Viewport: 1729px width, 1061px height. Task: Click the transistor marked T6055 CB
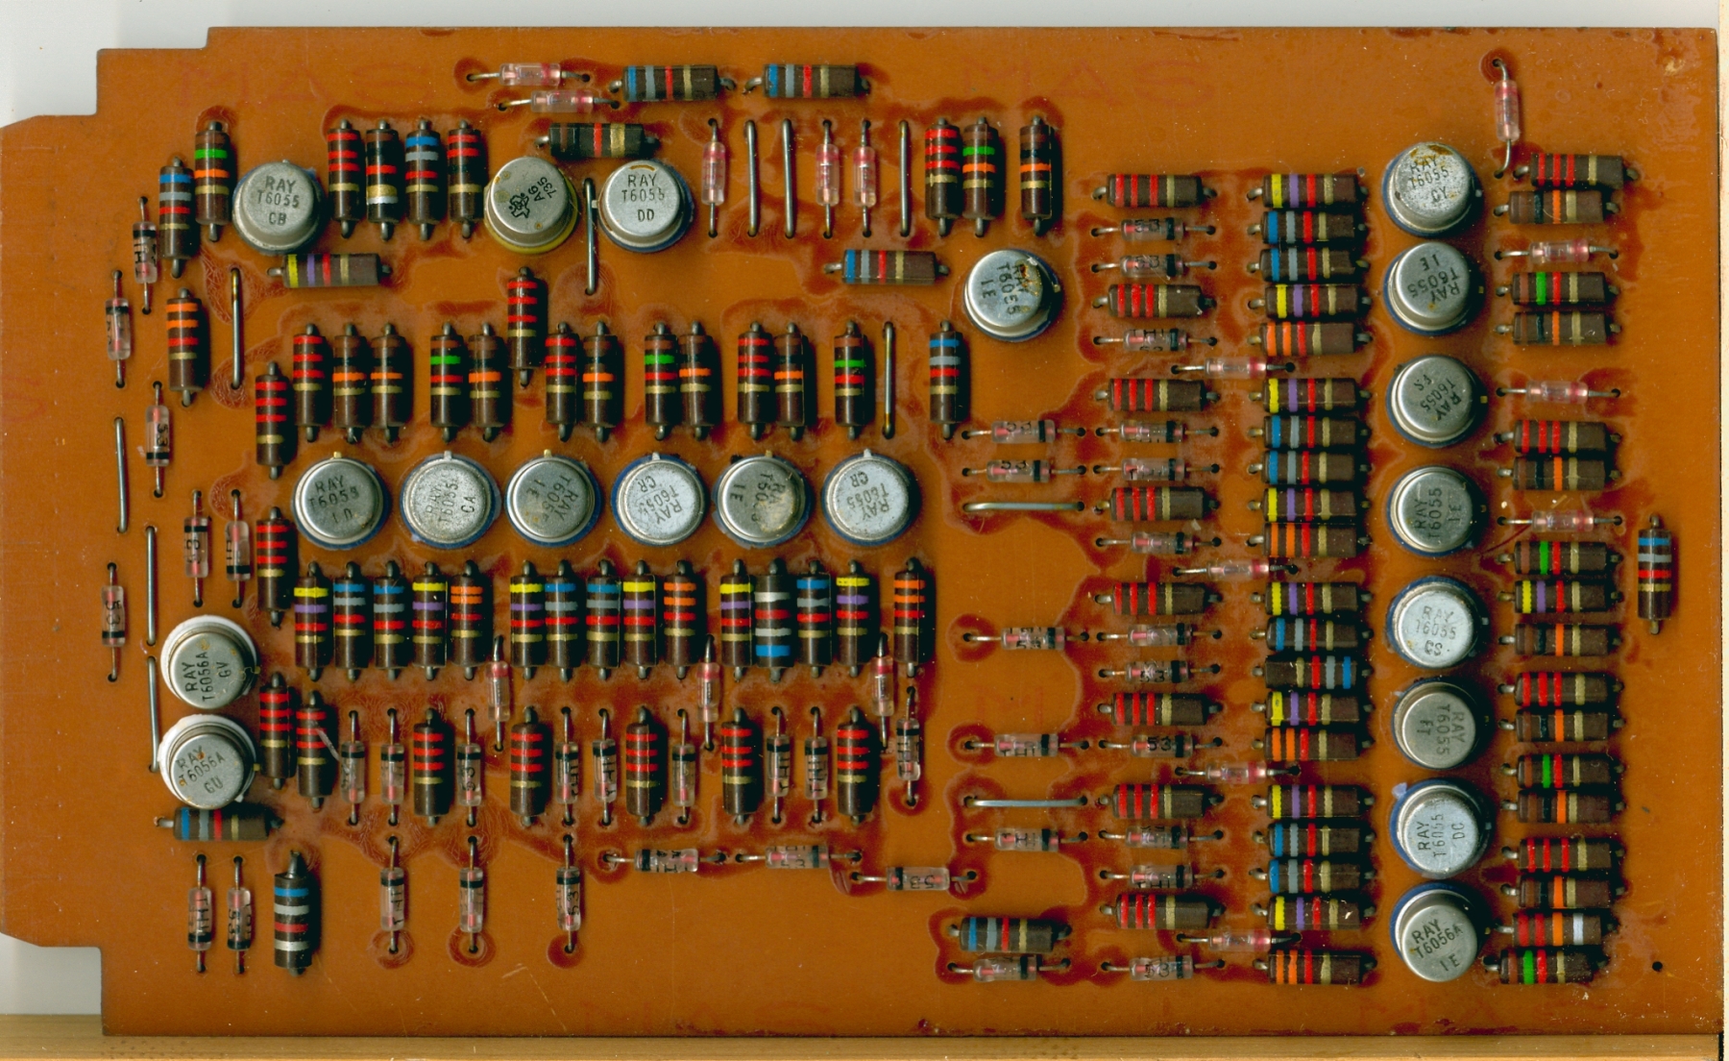[277, 206]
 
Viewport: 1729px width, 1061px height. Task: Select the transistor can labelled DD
[645, 204]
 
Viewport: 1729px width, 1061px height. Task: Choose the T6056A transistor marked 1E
[1438, 933]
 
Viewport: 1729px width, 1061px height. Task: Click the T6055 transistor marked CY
[1430, 187]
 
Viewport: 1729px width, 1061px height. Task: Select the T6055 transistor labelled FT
[1438, 726]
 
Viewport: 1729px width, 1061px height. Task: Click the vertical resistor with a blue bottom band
[772, 618]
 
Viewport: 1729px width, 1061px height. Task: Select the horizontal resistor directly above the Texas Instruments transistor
[597, 140]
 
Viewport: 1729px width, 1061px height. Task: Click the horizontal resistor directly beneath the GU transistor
[227, 825]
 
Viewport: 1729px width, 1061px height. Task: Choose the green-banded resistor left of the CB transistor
[213, 178]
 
